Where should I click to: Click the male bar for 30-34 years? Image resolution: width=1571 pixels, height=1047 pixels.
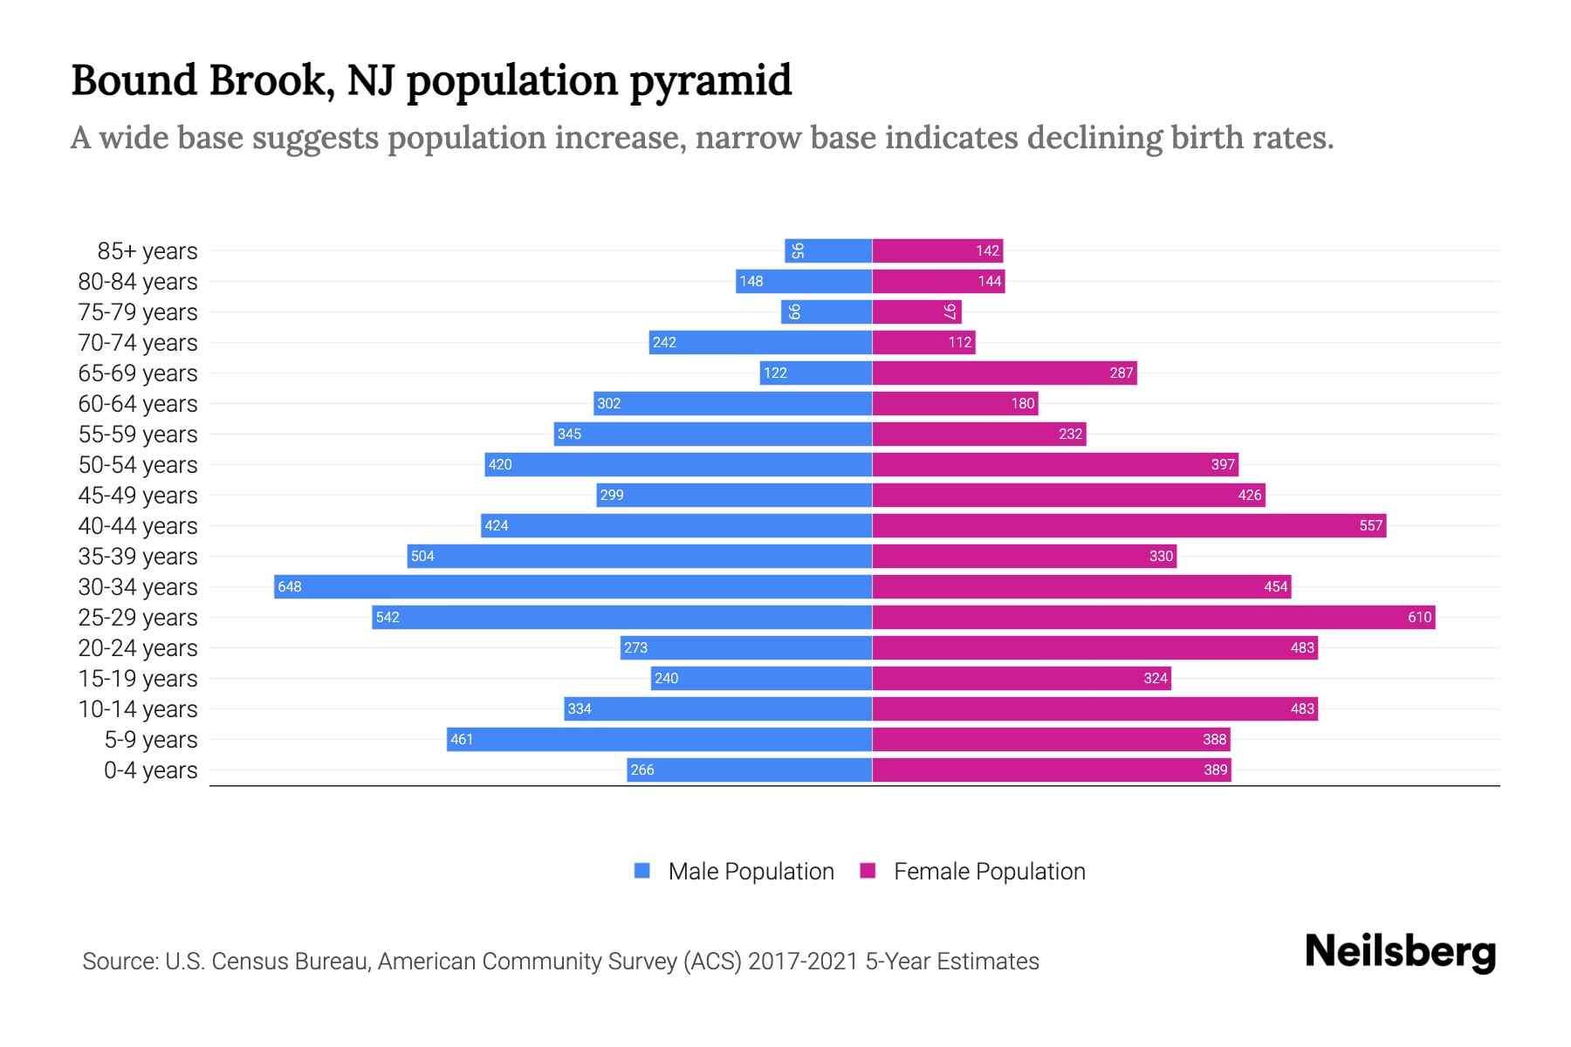[573, 586]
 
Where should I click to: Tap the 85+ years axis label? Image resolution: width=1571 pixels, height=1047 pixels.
[147, 251]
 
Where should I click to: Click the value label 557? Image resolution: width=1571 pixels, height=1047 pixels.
[1370, 525]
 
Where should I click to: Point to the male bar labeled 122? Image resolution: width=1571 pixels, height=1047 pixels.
[816, 373]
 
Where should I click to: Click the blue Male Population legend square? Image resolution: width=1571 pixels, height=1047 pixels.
[642, 871]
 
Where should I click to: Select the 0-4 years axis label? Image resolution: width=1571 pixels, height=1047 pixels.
[150, 770]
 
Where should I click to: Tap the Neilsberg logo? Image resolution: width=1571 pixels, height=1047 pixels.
[1400, 952]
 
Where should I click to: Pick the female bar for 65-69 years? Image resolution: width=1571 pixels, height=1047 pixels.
[1004, 373]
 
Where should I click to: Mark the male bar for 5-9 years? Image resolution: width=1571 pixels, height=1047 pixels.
[659, 739]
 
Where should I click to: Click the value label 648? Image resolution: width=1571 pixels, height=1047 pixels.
[289, 586]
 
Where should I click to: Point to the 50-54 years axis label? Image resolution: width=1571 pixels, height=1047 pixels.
[138, 465]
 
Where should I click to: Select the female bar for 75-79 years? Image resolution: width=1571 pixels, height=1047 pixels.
[916, 311]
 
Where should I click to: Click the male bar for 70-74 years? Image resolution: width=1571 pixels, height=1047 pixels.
[760, 342]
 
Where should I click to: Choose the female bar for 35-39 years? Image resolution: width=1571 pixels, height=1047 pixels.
[1024, 556]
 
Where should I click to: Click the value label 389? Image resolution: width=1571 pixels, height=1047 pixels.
[1215, 770]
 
